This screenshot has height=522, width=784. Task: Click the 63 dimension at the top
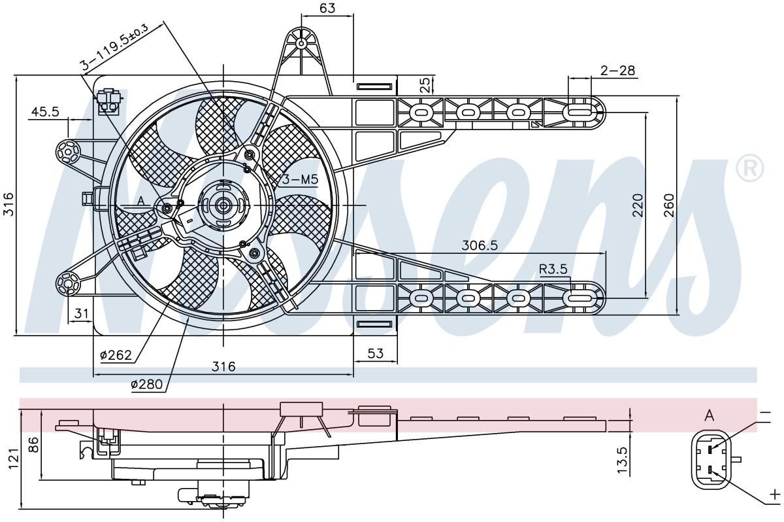327,8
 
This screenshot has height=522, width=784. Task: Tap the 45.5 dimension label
46,112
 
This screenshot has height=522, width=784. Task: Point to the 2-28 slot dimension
617,71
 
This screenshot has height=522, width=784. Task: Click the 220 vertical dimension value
638,205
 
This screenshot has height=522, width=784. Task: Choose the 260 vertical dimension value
668,205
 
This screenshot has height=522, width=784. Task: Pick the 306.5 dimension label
479,245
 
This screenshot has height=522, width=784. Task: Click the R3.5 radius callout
553,269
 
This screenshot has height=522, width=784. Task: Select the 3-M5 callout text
300,180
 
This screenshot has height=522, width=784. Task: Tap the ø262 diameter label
116,355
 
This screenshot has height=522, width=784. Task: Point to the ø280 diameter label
146,385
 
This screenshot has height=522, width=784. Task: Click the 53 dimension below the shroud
376,353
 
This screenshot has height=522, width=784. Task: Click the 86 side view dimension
35,445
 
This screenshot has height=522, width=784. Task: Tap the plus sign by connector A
775,495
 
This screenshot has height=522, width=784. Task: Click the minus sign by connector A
766,414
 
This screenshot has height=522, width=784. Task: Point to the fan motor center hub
223,205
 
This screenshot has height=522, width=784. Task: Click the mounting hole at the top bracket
301,43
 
